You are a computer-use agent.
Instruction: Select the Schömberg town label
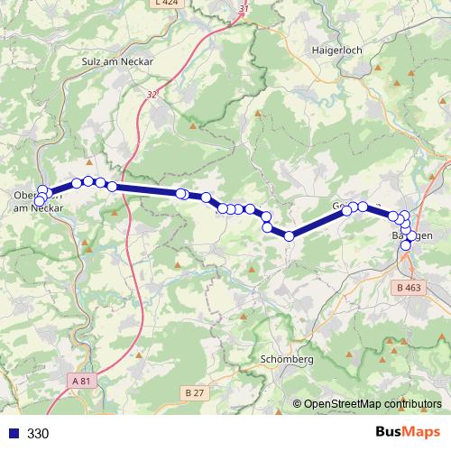pos(286,359)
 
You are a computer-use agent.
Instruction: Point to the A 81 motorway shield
pos(82,382)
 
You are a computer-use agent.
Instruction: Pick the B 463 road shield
pos(408,288)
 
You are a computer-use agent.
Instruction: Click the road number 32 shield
pos(150,94)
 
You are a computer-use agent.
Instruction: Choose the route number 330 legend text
pos(38,433)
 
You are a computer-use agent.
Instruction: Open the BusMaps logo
pos(409,432)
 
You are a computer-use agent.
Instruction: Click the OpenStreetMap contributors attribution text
pos(372,404)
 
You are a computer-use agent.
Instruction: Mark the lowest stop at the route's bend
pos(290,236)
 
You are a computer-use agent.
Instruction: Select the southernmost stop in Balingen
pos(406,245)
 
